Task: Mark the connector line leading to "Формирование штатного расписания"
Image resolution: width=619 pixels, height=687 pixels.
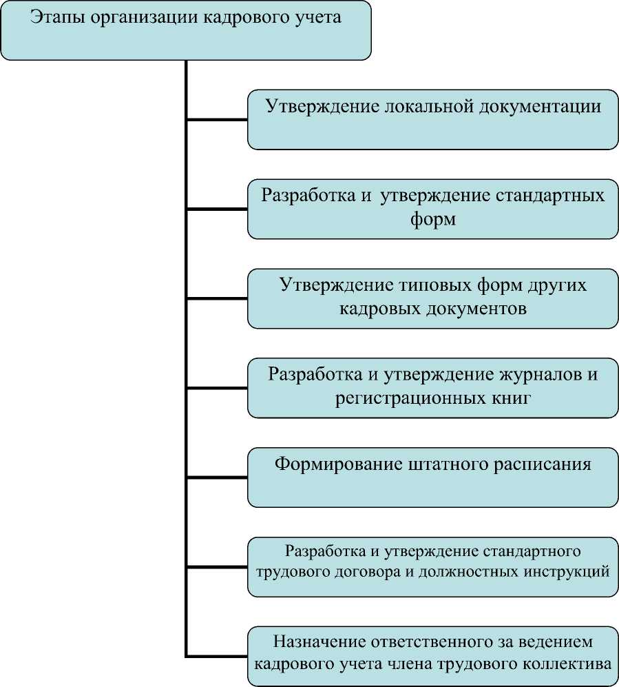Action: (217, 477)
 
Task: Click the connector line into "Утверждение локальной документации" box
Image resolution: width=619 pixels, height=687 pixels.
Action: (217, 119)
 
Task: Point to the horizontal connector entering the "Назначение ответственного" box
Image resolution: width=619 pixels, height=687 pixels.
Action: (217, 655)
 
